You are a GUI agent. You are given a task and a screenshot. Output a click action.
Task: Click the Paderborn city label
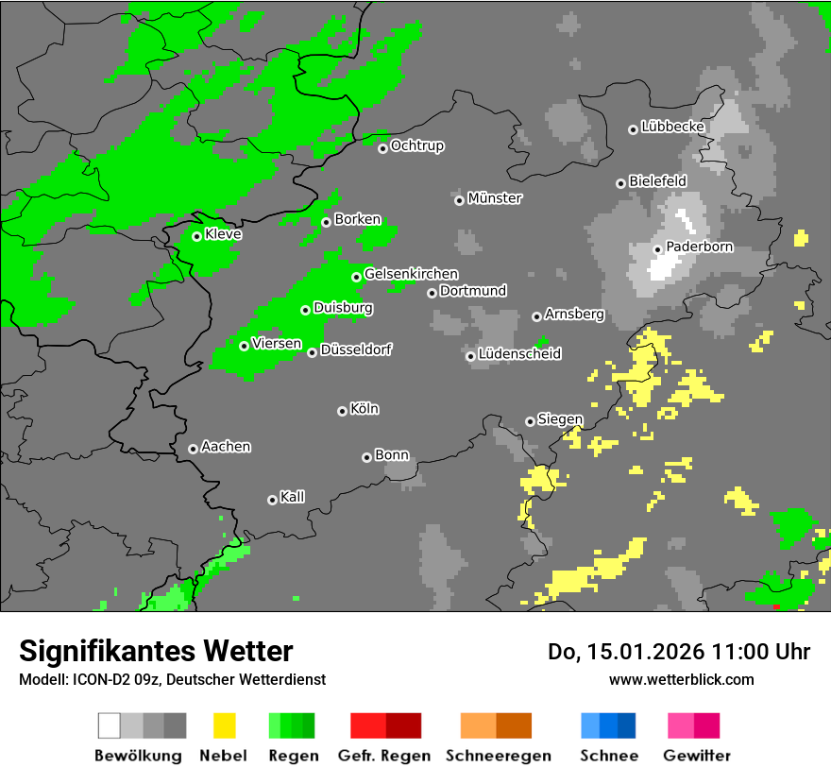pyautogui.click(x=700, y=247)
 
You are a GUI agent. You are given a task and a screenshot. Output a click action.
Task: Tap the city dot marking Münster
pyautogui.click(x=459, y=200)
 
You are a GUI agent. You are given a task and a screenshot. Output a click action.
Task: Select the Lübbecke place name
pyautogui.click(x=673, y=127)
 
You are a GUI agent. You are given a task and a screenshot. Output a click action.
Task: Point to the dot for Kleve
pyautogui.click(x=196, y=236)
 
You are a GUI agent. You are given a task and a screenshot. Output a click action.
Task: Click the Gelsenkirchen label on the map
pyautogui.click(x=411, y=275)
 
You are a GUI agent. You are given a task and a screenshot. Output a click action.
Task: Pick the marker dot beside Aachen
pyautogui.click(x=193, y=449)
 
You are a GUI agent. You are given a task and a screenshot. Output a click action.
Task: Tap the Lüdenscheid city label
pyautogui.click(x=519, y=354)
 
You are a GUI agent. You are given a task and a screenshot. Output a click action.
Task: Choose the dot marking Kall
pyautogui.click(x=272, y=500)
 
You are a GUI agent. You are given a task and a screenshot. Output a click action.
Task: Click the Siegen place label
pyautogui.click(x=560, y=419)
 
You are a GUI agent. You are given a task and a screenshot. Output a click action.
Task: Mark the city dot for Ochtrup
pyautogui.click(x=382, y=148)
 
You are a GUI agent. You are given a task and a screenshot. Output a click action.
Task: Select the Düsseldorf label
pyautogui.click(x=356, y=350)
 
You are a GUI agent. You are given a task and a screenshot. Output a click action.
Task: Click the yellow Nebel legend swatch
pyautogui.click(x=224, y=725)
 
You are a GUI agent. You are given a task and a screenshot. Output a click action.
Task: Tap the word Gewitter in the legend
pyautogui.click(x=697, y=756)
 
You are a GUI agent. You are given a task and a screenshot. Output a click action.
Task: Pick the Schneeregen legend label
pyautogui.click(x=498, y=756)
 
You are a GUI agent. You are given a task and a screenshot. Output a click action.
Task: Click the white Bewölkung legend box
pyautogui.click(x=110, y=725)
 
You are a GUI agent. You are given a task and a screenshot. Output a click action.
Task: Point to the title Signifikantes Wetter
pyautogui.click(x=156, y=651)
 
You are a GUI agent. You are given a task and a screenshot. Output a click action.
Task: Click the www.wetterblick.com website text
pyautogui.click(x=681, y=679)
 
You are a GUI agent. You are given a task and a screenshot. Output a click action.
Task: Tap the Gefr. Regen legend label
pyautogui.click(x=384, y=756)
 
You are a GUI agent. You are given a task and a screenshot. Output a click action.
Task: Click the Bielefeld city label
pyautogui.click(x=657, y=180)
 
